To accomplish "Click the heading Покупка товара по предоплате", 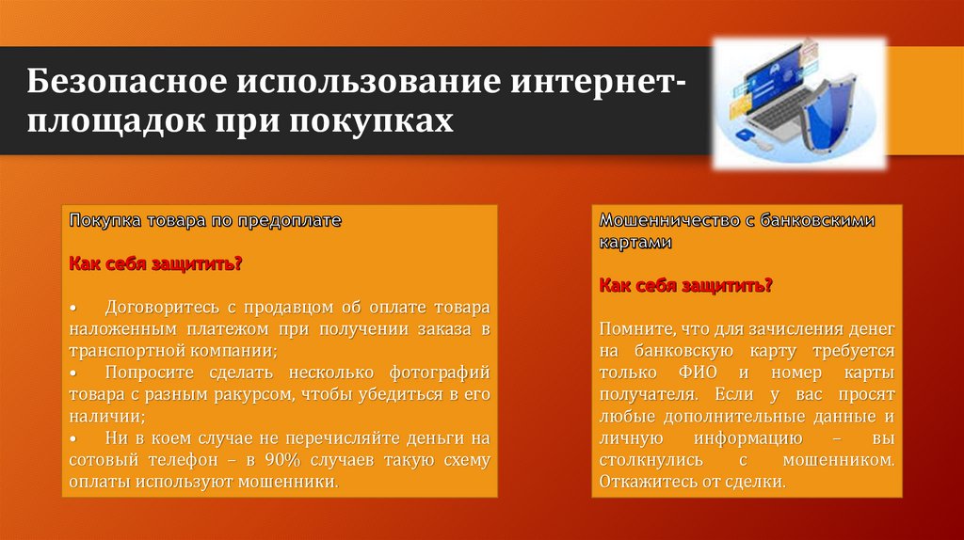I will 205,220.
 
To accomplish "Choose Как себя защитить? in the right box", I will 686,285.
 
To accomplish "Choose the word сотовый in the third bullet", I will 99,460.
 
